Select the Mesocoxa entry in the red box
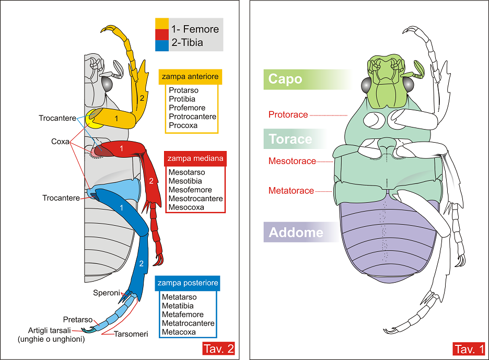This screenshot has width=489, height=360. pos(186,207)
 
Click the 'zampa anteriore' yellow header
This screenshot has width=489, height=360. pos(190,76)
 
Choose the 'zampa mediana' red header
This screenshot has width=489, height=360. pos(195,158)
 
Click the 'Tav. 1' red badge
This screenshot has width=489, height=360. pos(469,349)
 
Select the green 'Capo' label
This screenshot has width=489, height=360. pos(285,79)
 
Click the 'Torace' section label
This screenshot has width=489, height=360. pos(290,140)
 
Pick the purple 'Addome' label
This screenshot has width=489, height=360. pos(296,233)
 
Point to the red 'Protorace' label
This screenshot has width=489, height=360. pos(288,114)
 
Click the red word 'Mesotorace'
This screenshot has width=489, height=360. pos(292,161)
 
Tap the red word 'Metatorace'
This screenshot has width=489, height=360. pos(291,191)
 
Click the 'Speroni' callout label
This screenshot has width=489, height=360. pos(107,293)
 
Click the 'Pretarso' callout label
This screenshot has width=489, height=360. pos(78,319)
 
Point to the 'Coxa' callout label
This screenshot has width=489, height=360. pos(61,142)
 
